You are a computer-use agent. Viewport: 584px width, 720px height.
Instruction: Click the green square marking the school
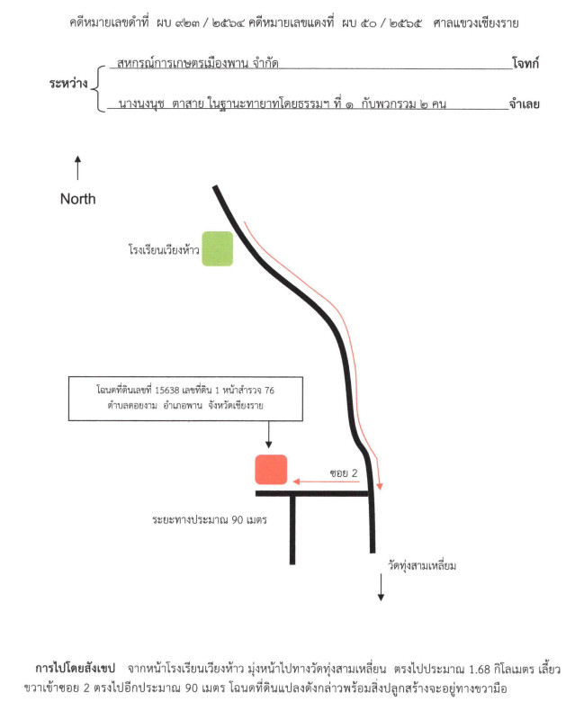(x=217, y=248)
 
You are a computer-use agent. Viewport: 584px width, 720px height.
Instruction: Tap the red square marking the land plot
(x=271, y=469)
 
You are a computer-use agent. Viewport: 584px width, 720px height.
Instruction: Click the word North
(x=78, y=199)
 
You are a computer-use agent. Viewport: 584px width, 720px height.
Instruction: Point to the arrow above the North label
(x=77, y=167)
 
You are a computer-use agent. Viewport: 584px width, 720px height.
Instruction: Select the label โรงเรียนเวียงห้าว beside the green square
(x=164, y=249)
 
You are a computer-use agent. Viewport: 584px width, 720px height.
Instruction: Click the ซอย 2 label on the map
(x=344, y=473)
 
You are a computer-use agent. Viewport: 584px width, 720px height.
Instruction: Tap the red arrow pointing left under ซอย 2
(x=326, y=481)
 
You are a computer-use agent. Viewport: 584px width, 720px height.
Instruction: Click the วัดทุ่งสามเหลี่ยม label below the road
(x=422, y=565)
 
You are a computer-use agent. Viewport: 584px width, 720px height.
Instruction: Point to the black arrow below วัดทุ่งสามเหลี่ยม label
(x=381, y=588)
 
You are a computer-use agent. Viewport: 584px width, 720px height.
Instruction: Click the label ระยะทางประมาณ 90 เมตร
(x=210, y=520)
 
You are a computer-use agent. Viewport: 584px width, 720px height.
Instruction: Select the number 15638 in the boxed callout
(x=167, y=391)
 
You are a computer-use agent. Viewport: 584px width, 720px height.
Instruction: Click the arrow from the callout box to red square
(x=268, y=435)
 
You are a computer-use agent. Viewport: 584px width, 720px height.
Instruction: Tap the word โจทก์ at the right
(x=526, y=63)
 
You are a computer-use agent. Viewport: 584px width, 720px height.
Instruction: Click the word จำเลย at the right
(x=525, y=103)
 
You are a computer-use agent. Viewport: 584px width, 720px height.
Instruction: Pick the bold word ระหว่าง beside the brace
(x=68, y=83)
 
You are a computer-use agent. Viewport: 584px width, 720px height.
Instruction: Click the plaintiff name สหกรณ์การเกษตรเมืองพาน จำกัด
(x=198, y=62)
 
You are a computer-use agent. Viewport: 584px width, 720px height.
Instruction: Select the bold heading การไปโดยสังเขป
(x=75, y=668)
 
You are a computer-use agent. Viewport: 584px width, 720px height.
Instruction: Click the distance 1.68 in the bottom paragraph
(x=480, y=669)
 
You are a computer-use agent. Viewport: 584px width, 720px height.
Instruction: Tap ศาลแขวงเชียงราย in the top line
(x=476, y=22)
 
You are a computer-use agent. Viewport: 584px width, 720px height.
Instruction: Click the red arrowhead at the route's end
(x=379, y=486)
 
